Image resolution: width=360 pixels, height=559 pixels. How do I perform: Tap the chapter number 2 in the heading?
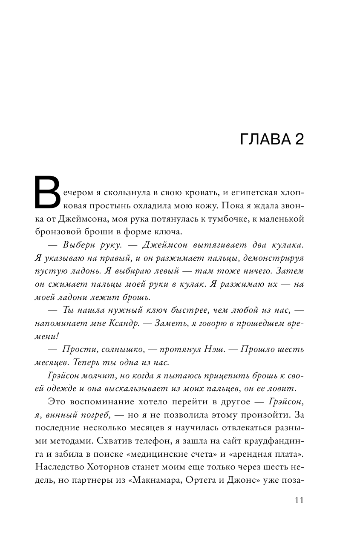click(299, 140)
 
